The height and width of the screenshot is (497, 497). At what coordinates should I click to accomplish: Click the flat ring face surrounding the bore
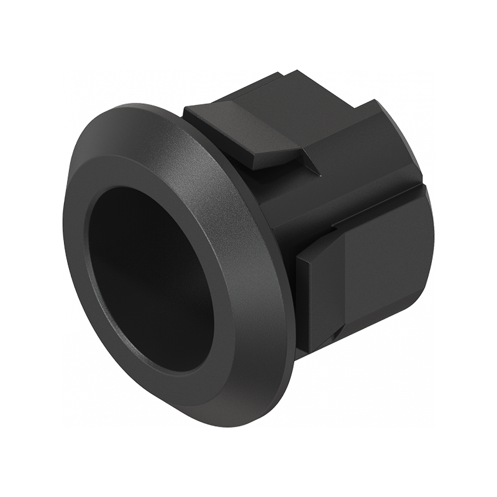point(230,267)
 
